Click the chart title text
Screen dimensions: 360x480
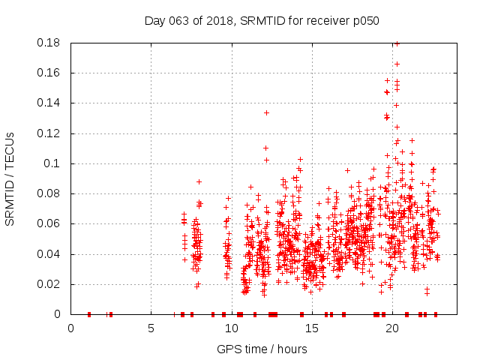coord(262,21)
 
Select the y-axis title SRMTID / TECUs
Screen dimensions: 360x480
coord(10,178)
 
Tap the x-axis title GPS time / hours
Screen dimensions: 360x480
coord(262,349)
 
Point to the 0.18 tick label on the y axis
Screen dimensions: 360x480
coord(49,43)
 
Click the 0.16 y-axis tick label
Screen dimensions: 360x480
coord(49,73)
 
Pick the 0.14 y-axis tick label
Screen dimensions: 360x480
coord(49,103)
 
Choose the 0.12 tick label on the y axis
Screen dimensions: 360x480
coord(49,133)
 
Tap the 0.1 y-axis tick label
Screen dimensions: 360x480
coord(52,163)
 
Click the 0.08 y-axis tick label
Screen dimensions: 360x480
coord(49,193)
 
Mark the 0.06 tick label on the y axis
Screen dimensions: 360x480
coord(49,223)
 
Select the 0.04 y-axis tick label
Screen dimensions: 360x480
coord(49,254)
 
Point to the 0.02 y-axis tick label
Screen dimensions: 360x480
coord(49,284)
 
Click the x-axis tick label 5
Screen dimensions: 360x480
coord(151,329)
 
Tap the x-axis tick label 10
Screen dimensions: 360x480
coord(231,329)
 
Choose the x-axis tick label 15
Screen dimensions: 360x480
coord(311,329)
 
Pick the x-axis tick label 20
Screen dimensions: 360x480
coord(391,329)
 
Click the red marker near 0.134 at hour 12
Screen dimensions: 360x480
coord(266,112)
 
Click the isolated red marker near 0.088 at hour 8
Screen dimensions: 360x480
coord(199,181)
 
